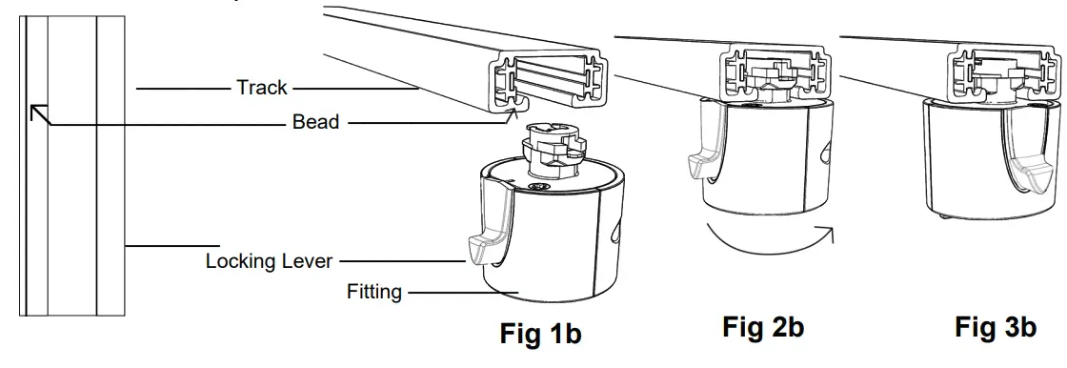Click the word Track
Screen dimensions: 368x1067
click(261, 88)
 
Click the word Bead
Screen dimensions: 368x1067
click(315, 122)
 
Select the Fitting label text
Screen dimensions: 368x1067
click(373, 292)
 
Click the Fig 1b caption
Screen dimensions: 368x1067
click(540, 334)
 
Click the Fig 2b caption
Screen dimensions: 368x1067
click(762, 327)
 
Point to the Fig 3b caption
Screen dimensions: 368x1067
click(995, 328)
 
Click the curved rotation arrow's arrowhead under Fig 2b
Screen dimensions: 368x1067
click(828, 233)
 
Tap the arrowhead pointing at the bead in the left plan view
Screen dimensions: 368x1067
click(36, 112)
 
